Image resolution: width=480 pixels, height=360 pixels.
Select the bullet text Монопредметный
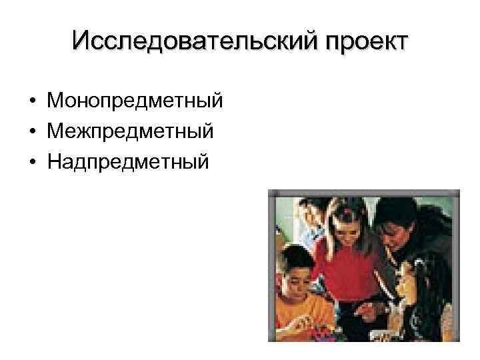click(135, 101)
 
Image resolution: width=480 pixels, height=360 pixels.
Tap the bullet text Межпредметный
click(130, 131)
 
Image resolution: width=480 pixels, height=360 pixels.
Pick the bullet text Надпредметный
click(127, 161)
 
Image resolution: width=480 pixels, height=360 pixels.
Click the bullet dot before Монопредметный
click(32, 102)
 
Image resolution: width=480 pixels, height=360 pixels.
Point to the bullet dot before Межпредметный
click(32, 132)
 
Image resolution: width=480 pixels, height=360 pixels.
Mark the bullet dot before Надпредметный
click(32, 161)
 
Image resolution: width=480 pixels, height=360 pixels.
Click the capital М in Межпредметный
click(55, 131)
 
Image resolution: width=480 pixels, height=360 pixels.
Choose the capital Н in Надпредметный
click(54, 161)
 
